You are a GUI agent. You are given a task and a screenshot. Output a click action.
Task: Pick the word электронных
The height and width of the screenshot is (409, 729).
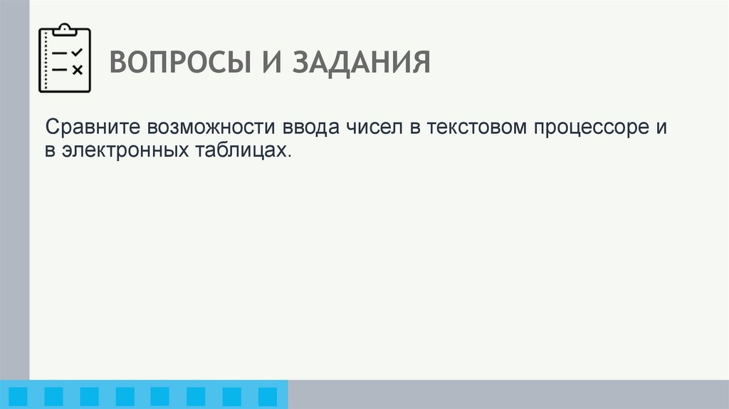click(125, 150)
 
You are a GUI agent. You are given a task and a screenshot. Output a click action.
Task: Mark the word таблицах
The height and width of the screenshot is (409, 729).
click(241, 150)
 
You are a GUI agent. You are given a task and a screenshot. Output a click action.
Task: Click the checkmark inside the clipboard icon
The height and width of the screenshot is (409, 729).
click(78, 52)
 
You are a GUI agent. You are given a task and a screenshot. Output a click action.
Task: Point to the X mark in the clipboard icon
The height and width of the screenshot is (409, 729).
click(78, 69)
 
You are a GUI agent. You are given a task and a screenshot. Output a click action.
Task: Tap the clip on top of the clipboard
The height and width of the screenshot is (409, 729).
click(65, 29)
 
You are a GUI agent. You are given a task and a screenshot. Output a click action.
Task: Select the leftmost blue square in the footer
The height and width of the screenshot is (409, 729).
click(18, 395)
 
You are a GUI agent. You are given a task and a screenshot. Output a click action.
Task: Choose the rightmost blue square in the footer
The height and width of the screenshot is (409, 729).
click(267, 395)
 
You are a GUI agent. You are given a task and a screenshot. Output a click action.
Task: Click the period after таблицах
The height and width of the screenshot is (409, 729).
click(290, 155)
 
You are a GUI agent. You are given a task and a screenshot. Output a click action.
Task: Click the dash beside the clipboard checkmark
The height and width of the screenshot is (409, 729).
click(61, 53)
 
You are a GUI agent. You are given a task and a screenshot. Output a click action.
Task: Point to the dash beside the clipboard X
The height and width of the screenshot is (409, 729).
click(61, 69)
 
